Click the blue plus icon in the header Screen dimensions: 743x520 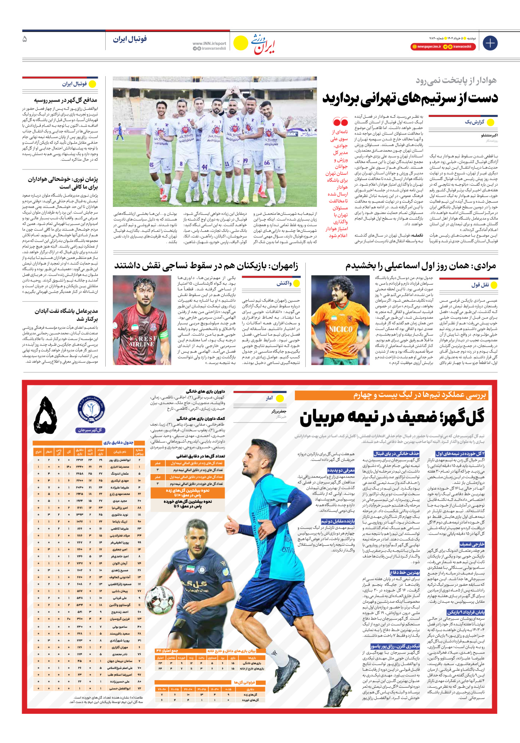point(490,43)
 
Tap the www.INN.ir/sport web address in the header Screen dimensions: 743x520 point(209,43)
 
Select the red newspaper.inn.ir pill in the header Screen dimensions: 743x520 point(426,47)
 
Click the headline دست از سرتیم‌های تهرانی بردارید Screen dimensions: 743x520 point(410,99)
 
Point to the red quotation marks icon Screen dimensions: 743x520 point(340,122)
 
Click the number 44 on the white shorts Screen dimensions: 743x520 point(204,167)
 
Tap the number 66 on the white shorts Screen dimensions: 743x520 point(267,163)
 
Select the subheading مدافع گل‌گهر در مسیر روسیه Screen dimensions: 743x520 point(65,100)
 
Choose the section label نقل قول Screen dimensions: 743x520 point(480,285)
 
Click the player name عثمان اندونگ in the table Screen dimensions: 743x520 point(120,474)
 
